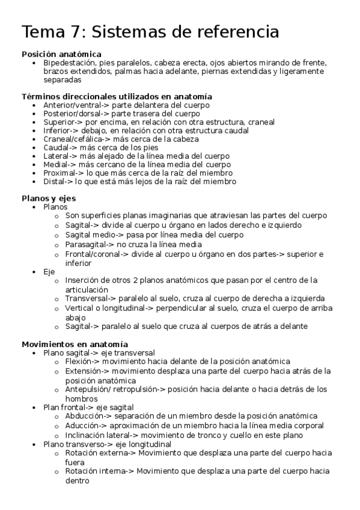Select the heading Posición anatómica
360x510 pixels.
61,54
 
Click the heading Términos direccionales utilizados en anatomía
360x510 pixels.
117,96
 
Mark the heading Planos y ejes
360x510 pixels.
49,197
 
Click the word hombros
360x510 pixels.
81,398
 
